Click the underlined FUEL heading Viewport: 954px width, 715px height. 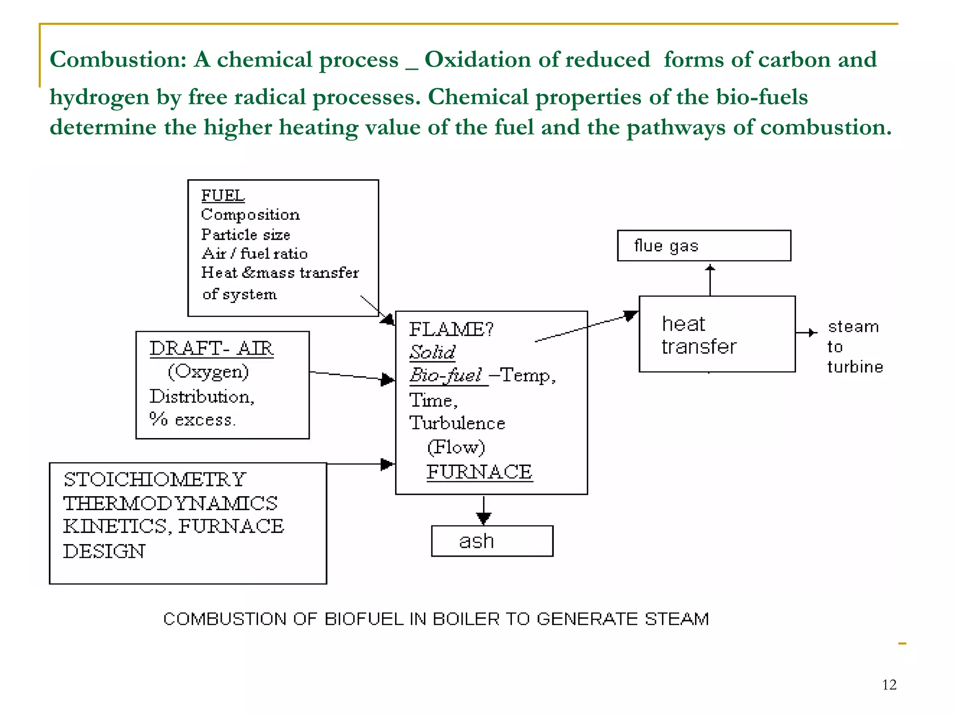pyautogui.click(x=223, y=196)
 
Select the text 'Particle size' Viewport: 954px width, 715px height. pyautogui.click(x=245, y=235)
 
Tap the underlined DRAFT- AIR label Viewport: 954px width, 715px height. pyautogui.click(x=211, y=349)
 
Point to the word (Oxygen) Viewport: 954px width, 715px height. pyautogui.click(x=208, y=372)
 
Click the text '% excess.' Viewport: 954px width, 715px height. pyautogui.click(x=192, y=419)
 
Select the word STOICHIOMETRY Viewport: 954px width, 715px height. pyautogui.click(x=155, y=479)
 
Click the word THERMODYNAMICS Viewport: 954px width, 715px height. pyautogui.click(x=170, y=503)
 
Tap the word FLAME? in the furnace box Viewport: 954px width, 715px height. pyautogui.click(x=451, y=330)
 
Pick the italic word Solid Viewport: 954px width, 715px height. pyautogui.click(x=432, y=352)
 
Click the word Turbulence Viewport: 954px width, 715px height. pyautogui.click(x=457, y=423)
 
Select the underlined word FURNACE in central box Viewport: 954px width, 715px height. pyautogui.click(x=479, y=472)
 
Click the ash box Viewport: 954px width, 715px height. pyautogui.click(x=492, y=541)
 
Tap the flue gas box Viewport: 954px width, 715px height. pyautogui.click(x=703, y=246)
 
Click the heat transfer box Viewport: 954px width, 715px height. pyautogui.click(x=716, y=334)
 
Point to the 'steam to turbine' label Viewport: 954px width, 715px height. pyautogui.click(x=854, y=347)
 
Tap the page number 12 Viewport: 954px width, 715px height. pyautogui.click(x=889, y=685)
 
